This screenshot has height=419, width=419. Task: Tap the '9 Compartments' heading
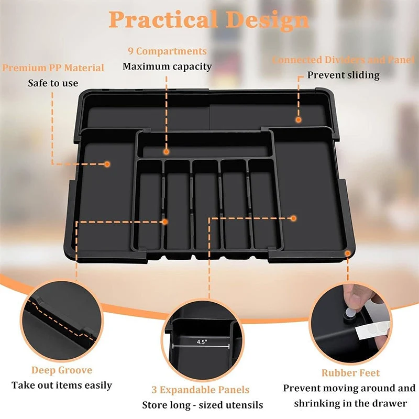167,51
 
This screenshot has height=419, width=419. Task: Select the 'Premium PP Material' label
53,68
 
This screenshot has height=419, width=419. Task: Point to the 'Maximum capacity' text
167,67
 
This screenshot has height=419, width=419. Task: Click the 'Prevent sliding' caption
344,75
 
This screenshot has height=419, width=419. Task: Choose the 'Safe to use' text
53,83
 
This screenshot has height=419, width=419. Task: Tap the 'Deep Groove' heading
62,370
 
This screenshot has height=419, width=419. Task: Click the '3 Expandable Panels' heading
201,390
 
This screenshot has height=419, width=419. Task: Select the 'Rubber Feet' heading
350,373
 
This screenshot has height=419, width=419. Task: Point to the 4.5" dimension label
202,342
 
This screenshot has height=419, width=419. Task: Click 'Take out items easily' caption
62,385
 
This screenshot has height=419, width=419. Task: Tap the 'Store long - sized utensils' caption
203,405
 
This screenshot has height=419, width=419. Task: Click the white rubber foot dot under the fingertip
349,313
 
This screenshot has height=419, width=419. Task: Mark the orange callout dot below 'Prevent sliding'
299,120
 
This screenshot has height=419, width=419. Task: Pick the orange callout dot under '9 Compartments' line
166,152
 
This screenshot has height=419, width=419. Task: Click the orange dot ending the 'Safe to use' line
107,164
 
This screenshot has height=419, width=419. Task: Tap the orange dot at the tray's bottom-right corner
348,253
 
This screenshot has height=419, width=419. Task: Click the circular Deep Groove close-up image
62,321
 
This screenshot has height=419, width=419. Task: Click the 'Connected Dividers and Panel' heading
344,60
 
